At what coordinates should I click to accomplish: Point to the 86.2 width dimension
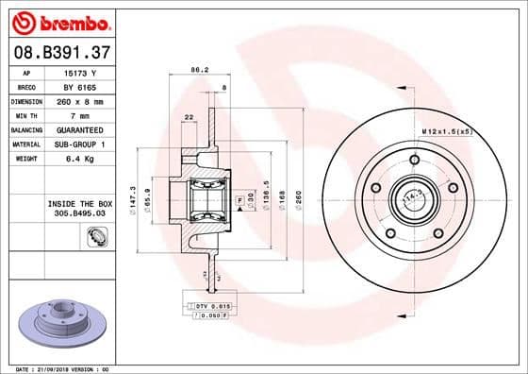point(199,70)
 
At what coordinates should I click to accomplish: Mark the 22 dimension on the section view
point(190,116)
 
